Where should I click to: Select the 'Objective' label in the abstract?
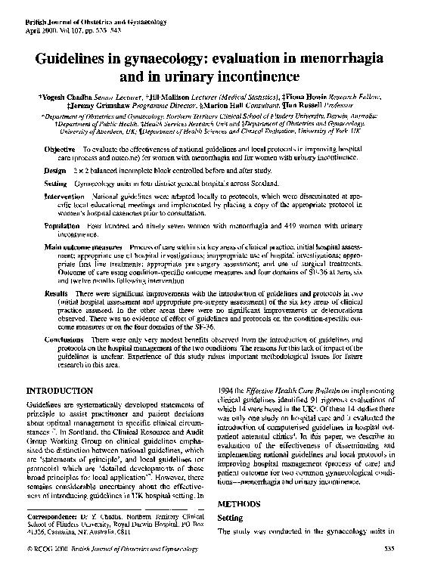click(61, 150)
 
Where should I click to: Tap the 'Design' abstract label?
click(57, 172)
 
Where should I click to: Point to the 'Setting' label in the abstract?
click(57, 184)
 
